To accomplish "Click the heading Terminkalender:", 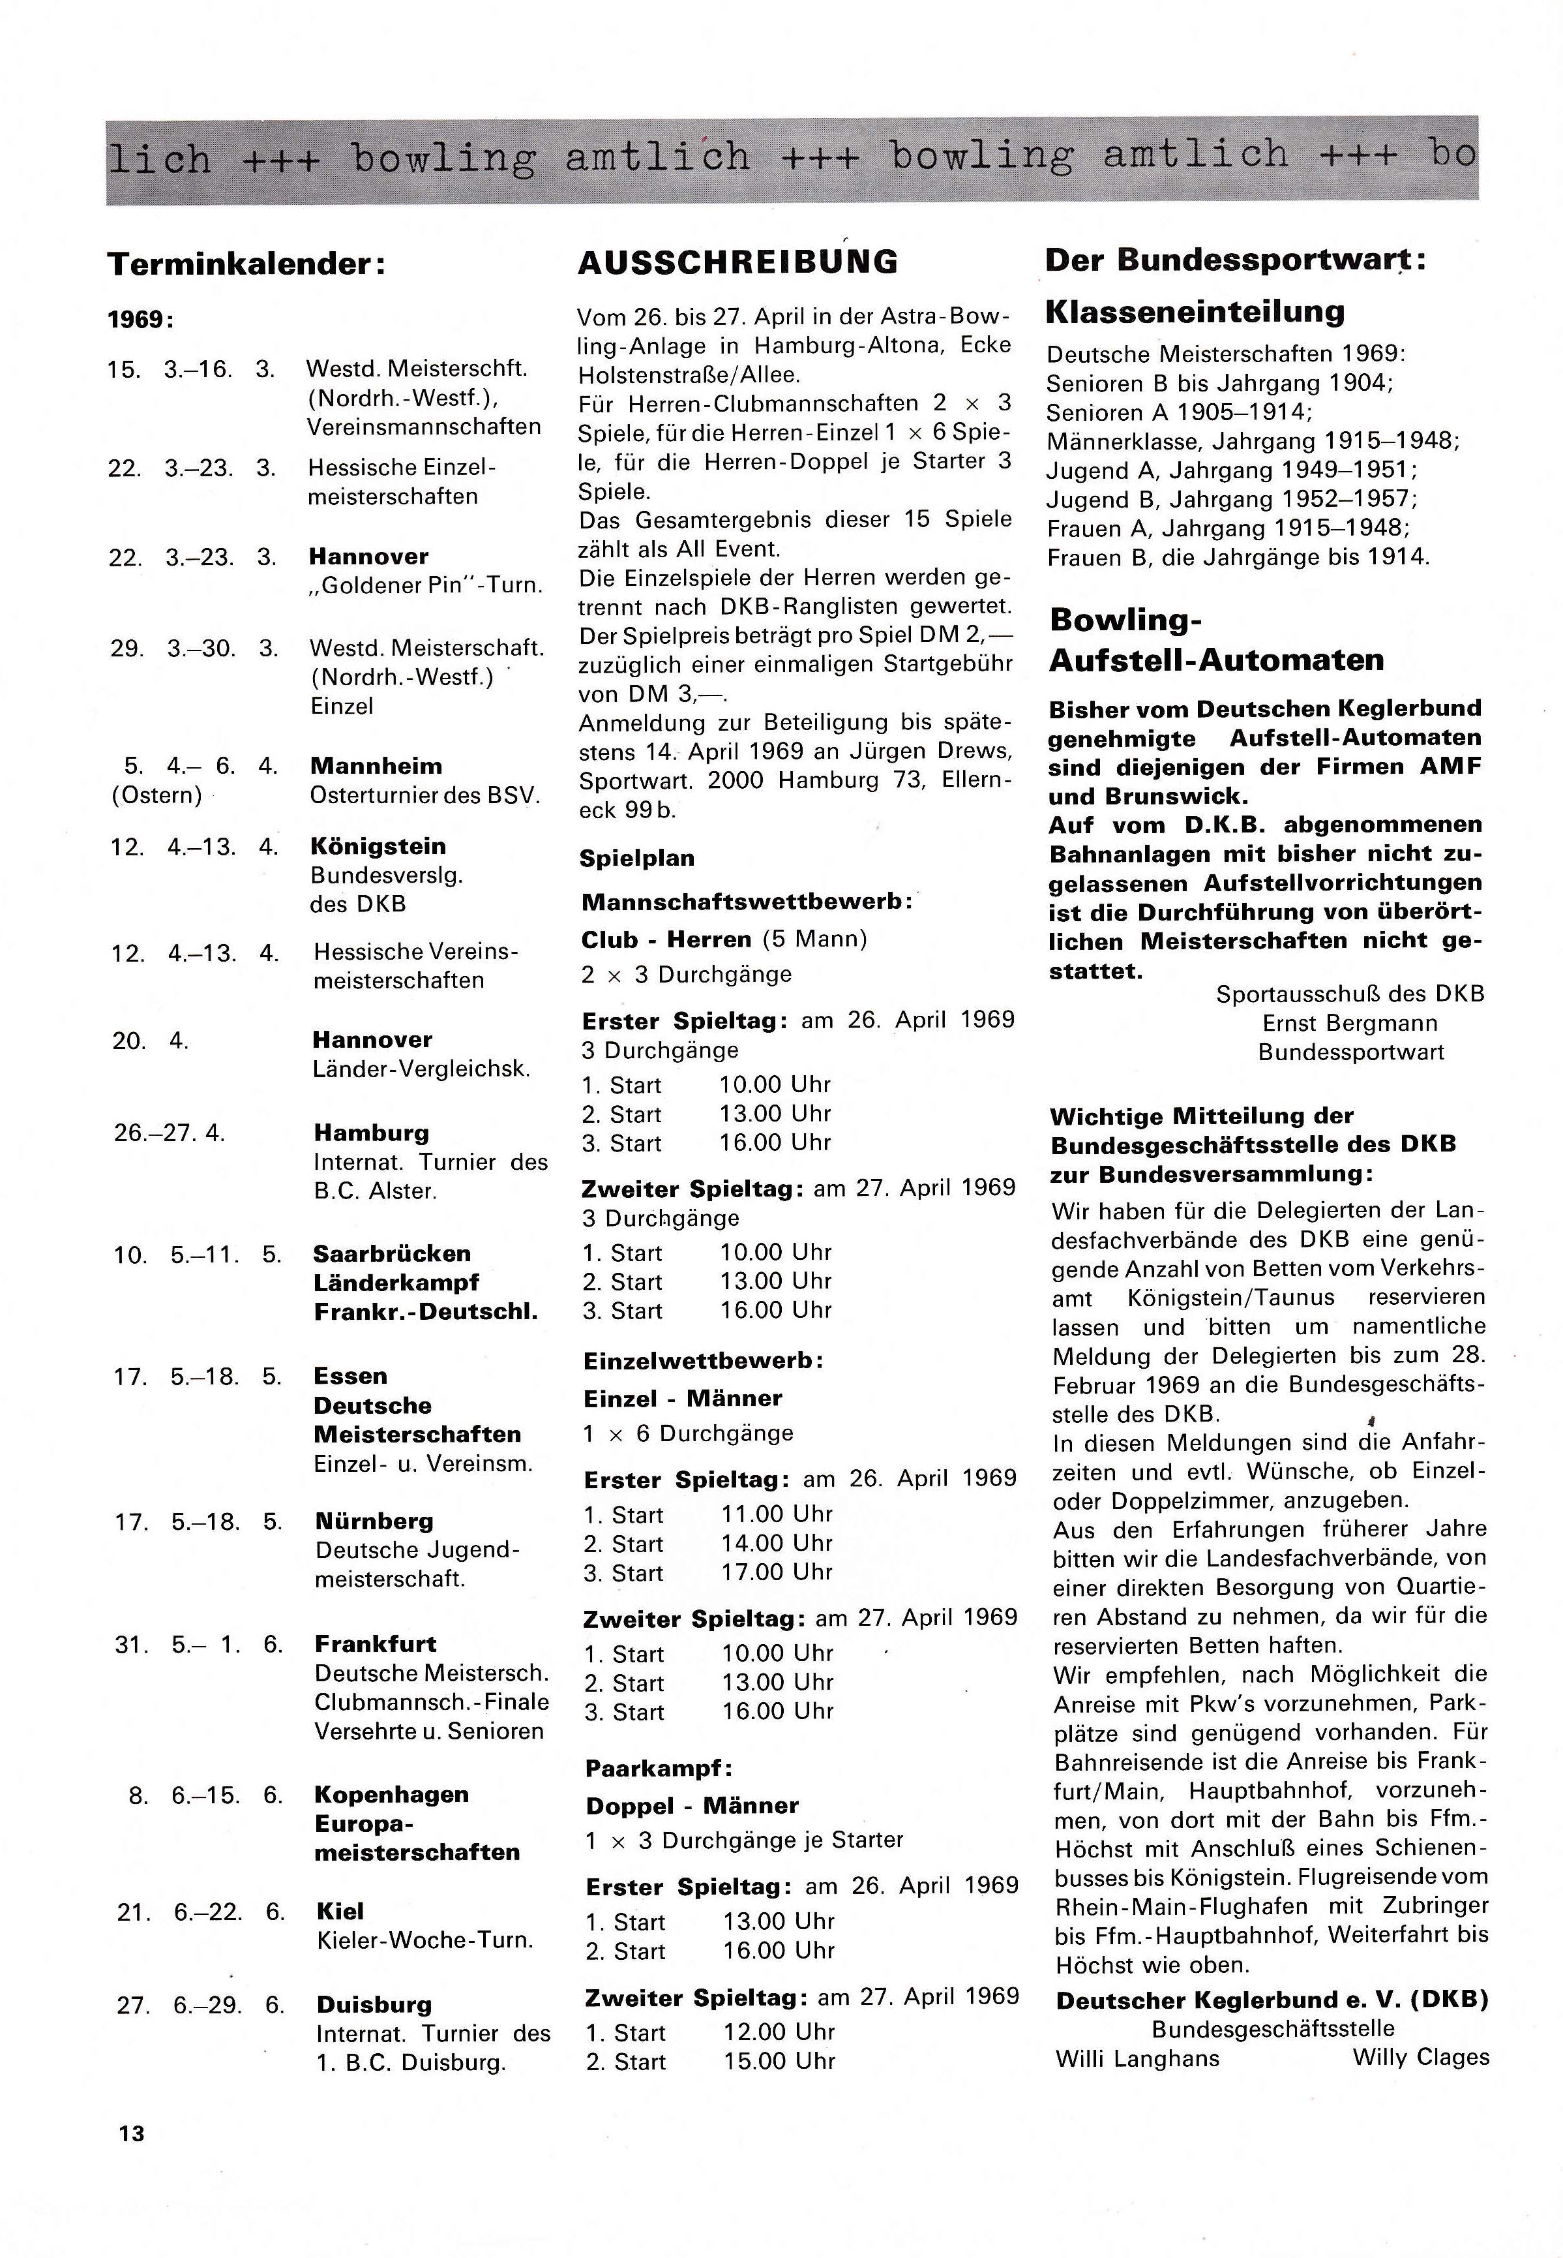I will click(246, 264).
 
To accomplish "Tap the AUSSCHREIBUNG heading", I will click(737, 262).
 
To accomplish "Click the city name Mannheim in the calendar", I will click(376, 766).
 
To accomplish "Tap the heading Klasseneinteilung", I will click(1195, 311).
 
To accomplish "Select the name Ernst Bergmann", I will click(1350, 1023).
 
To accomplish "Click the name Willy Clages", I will click(1420, 2056).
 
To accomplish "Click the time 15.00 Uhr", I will click(779, 2060).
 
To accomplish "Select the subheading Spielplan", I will click(636, 858).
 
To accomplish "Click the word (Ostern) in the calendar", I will click(156, 795).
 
